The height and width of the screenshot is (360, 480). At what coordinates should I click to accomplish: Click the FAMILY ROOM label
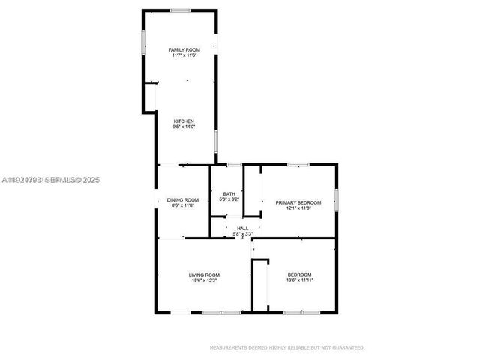(184, 49)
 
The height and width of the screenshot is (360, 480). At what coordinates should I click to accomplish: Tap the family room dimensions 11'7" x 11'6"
(184, 55)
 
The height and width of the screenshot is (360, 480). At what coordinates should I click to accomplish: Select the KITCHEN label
(184, 121)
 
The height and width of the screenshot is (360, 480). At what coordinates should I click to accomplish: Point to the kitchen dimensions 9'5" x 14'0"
(184, 127)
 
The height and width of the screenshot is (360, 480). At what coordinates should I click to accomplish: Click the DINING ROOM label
(183, 199)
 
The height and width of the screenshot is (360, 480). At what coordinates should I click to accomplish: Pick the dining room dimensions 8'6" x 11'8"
(183, 205)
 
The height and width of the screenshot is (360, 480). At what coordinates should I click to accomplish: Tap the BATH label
(229, 194)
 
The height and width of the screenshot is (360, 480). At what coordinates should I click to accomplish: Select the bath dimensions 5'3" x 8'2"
(229, 200)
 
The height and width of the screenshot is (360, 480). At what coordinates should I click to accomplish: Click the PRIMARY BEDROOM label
(298, 202)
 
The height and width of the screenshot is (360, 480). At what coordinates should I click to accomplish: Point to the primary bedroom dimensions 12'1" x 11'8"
(298, 208)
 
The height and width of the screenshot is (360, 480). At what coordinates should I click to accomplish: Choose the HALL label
(242, 229)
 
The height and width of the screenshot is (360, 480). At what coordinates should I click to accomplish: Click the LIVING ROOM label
(203, 275)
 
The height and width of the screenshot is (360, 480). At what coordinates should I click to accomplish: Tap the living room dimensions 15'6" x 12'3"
(203, 281)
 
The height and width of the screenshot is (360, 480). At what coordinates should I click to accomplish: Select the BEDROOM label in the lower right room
(299, 275)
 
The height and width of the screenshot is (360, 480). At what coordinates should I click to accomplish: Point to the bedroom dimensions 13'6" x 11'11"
(299, 281)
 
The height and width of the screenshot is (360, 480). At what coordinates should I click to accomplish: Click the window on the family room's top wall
(180, 10)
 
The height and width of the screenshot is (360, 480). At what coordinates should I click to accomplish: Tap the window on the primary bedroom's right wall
(337, 200)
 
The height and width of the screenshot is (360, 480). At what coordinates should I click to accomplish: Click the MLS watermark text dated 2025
(50, 180)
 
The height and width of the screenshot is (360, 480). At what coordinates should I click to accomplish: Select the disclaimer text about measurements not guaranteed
(286, 348)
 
